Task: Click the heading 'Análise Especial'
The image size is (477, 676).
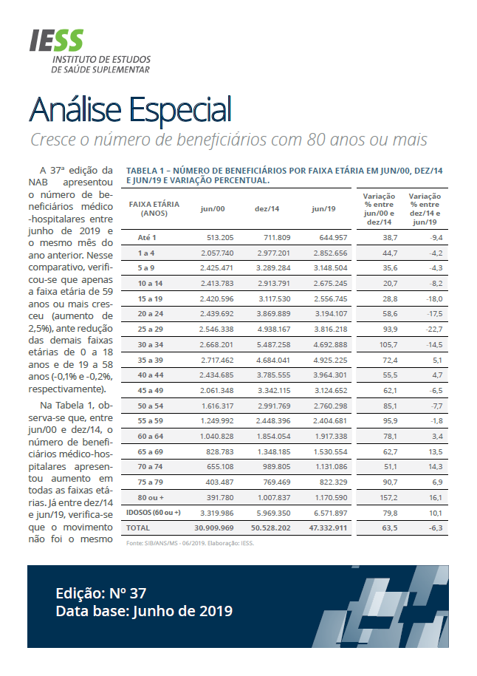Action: point(130,110)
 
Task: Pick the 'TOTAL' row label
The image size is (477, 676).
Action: point(138,528)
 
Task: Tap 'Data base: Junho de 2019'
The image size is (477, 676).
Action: point(144,611)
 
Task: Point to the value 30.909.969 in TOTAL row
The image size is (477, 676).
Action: point(214,528)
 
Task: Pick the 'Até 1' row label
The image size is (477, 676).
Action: point(148,237)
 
